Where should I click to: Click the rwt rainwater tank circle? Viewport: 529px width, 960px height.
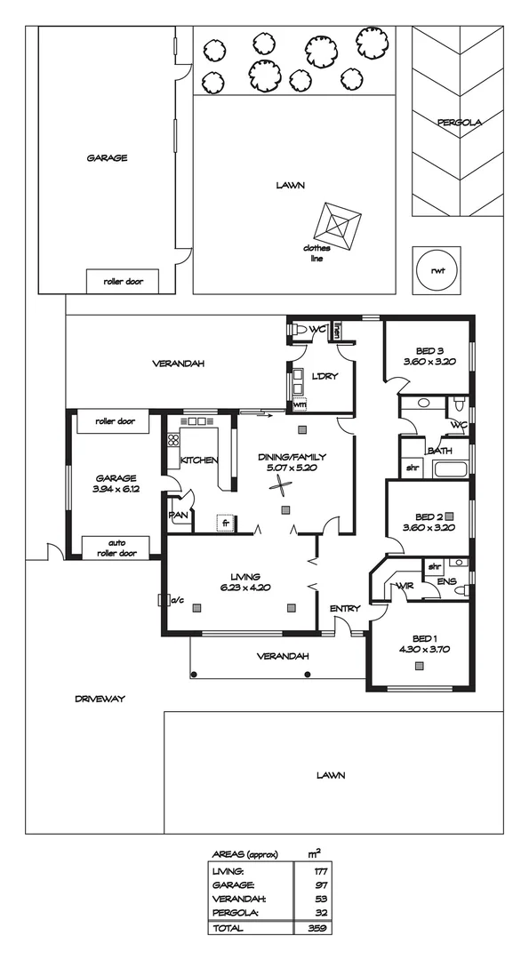[x=437, y=271]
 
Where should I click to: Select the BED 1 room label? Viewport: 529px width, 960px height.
[x=426, y=638]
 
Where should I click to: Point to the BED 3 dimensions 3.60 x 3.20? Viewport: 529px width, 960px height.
[x=429, y=362]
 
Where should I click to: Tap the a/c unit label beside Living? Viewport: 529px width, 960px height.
[x=176, y=599]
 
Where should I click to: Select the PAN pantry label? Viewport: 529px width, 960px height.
[x=177, y=515]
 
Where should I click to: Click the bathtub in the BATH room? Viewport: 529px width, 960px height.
[x=450, y=468]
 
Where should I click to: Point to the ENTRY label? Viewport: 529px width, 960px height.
[x=344, y=608]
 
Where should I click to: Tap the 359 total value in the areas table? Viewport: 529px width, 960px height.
[x=315, y=927]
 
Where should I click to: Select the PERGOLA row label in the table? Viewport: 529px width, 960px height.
[x=236, y=912]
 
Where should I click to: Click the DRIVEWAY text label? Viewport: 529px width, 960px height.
[x=100, y=700]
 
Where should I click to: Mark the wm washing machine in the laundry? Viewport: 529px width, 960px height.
[x=299, y=404]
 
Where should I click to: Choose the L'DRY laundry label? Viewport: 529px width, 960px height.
[x=325, y=376]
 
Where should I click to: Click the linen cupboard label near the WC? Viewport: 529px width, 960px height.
[x=338, y=332]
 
